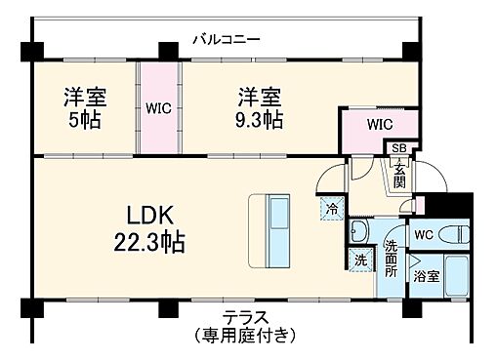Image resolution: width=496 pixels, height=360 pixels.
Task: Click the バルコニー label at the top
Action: [x=226, y=40]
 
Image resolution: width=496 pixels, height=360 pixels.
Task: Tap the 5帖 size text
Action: [x=85, y=120]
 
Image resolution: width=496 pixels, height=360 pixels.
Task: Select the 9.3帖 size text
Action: [x=260, y=120]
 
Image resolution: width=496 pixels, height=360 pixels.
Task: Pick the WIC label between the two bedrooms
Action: [x=159, y=108]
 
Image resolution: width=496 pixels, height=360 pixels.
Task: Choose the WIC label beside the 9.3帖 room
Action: [x=381, y=125]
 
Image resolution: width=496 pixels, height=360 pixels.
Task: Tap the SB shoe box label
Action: [x=399, y=148]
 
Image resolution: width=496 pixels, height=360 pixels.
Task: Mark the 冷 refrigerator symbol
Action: [x=332, y=209]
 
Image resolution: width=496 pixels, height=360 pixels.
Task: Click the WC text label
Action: [x=422, y=235]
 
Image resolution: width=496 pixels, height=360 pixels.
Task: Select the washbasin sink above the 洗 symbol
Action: [x=359, y=231]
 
